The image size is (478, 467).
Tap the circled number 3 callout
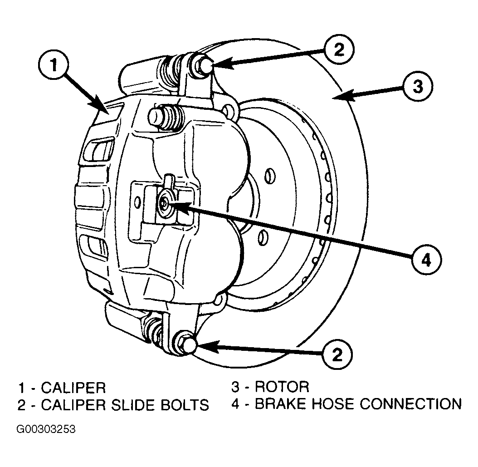point(418,86)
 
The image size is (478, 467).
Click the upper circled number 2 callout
point(339,49)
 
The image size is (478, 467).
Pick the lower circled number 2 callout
point(337,354)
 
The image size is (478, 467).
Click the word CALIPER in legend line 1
point(73,388)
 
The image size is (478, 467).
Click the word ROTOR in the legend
point(282,387)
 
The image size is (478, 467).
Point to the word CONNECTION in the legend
point(411,404)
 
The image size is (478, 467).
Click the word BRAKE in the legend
point(280,404)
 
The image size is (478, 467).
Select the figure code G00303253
point(46,430)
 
